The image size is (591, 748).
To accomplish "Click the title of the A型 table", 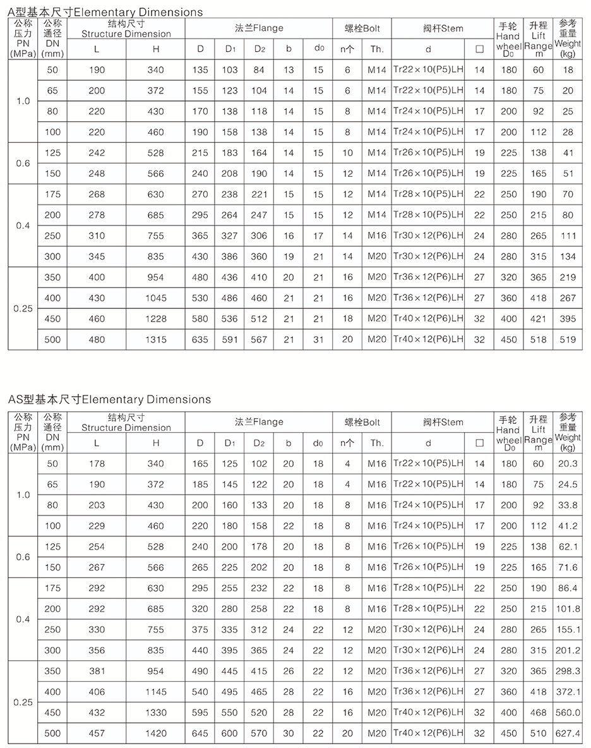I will pyautogui.click(x=105, y=12).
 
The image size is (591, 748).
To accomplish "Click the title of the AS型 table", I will pyautogui.click(x=109, y=399).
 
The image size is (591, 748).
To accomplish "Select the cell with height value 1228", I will pyautogui.click(x=156, y=319).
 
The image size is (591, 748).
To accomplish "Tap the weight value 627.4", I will pyautogui.click(x=568, y=733).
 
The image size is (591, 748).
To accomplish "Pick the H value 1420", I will pyautogui.click(x=156, y=733).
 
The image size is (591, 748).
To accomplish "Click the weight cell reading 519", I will pyautogui.click(x=568, y=340).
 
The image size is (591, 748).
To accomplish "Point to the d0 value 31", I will pyautogui.click(x=318, y=340).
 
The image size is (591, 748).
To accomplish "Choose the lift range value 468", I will pyautogui.click(x=538, y=713).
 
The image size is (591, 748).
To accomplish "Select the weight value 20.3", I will pyautogui.click(x=568, y=464).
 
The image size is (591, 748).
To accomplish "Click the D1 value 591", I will pyautogui.click(x=230, y=340).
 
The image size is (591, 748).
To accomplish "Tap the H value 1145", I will pyautogui.click(x=156, y=692).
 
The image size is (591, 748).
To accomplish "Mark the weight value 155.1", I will pyautogui.click(x=568, y=630).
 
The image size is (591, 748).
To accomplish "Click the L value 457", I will pyautogui.click(x=97, y=733).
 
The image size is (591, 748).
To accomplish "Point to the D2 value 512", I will pyautogui.click(x=259, y=319).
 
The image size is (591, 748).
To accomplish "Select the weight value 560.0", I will pyautogui.click(x=568, y=713).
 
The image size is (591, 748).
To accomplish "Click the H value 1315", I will pyautogui.click(x=156, y=340).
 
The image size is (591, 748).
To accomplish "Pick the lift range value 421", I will pyautogui.click(x=538, y=319).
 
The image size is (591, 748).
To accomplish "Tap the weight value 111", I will pyautogui.click(x=568, y=236).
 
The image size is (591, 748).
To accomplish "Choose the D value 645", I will pyautogui.click(x=200, y=733).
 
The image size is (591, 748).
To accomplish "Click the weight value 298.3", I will pyautogui.click(x=568, y=671).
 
